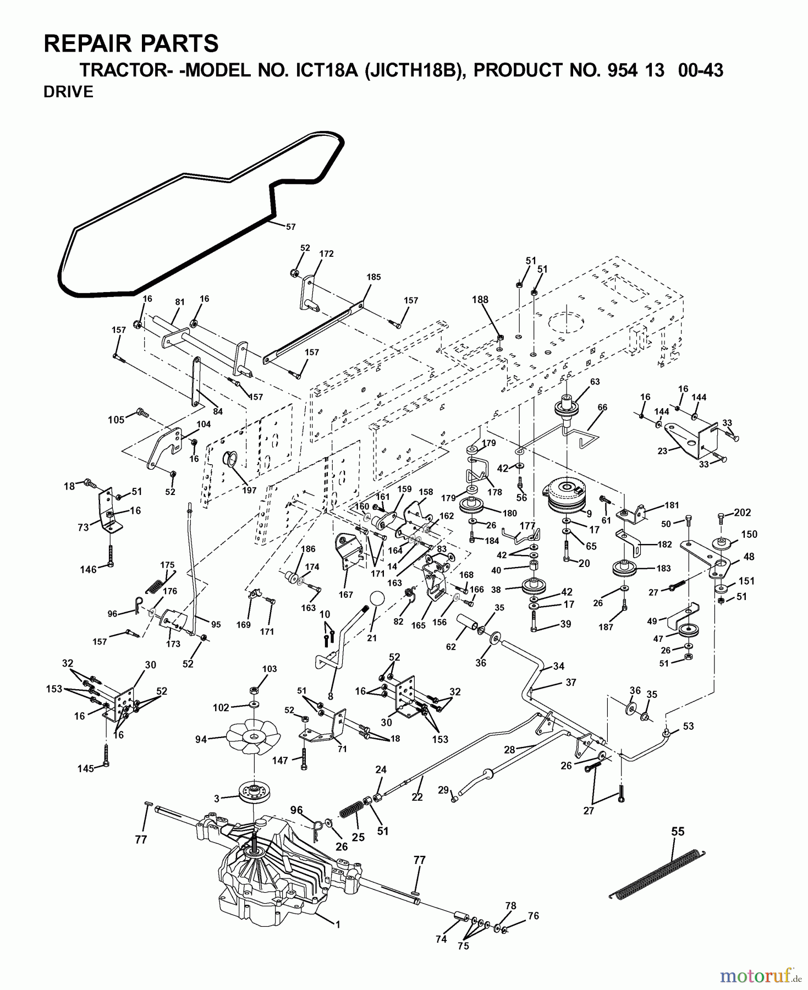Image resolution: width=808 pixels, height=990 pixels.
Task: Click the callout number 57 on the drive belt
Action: tap(290, 226)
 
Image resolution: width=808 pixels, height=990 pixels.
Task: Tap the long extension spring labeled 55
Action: tap(658, 874)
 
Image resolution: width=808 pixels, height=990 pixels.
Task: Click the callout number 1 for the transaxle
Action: tap(338, 925)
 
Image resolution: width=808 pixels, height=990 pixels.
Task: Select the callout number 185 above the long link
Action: tap(373, 277)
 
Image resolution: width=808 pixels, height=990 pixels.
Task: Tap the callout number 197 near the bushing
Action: tap(249, 491)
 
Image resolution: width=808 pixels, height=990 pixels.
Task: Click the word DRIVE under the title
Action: tap(68, 92)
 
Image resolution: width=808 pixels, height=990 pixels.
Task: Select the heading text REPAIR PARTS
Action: tap(131, 43)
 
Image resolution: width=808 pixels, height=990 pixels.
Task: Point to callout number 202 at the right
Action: tap(742, 513)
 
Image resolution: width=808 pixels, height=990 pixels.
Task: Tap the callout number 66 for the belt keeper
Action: tap(602, 408)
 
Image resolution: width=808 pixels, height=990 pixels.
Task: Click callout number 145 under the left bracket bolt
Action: tap(85, 769)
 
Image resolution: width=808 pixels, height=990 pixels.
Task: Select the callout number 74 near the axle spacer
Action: tap(441, 939)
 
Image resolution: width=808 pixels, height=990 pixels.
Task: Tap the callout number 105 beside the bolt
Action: tap(116, 420)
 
